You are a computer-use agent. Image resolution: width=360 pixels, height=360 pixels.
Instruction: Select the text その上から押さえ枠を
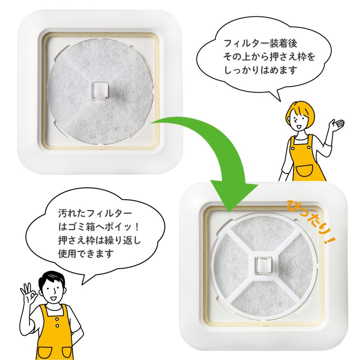coord(270,56)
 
